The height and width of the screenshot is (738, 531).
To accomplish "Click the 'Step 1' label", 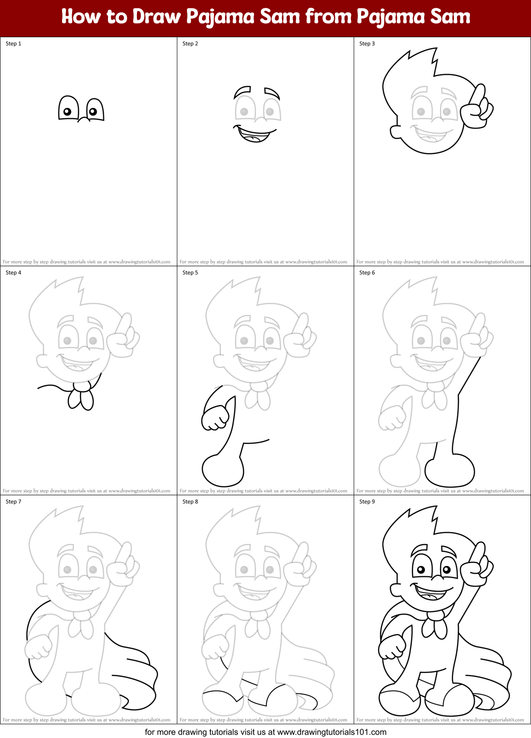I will pyautogui.click(x=13, y=44).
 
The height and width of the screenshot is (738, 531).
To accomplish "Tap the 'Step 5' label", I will pyautogui.click(x=190, y=273).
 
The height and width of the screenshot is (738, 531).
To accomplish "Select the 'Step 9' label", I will pyautogui.click(x=367, y=502).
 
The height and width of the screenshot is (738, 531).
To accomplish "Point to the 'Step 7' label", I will pyautogui.click(x=13, y=502).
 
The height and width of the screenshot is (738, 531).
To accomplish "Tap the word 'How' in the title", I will pyautogui.click(x=80, y=17).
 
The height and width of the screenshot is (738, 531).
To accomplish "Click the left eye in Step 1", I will pyautogui.click(x=68, y=109).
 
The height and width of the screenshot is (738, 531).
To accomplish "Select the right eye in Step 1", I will pyautogui.click(x=94, y=110).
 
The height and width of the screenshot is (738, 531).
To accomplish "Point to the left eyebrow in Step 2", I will pyautogui.click(x=242, y=90).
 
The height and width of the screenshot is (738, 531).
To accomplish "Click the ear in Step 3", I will pyautogui.click(x=395, y=132).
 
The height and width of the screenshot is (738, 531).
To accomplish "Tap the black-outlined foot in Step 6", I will pyautogui.click(x=449, y=470).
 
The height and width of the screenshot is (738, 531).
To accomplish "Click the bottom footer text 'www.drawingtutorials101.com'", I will pyautogui.click(x=332, y=732).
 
